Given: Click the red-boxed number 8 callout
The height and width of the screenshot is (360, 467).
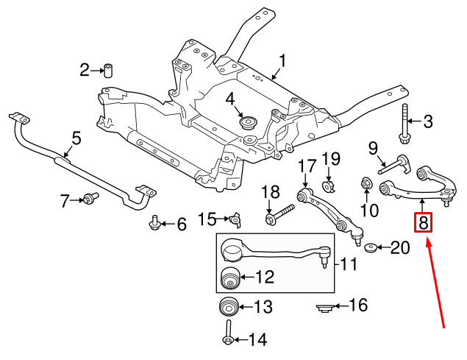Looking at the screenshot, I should tap(424, 222).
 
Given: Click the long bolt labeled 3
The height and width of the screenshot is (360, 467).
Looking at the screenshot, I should tap(406, 123).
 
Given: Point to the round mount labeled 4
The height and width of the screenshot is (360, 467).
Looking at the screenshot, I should tap(248, 123).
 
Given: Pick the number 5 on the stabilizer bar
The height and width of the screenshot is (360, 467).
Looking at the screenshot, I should tap(76, 137).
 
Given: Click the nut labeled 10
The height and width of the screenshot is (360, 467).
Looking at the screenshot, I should tap(366, 183).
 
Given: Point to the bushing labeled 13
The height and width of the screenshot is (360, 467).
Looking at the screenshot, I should tap(227, 307).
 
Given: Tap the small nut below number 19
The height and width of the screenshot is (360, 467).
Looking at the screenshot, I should tap(330, 184).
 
